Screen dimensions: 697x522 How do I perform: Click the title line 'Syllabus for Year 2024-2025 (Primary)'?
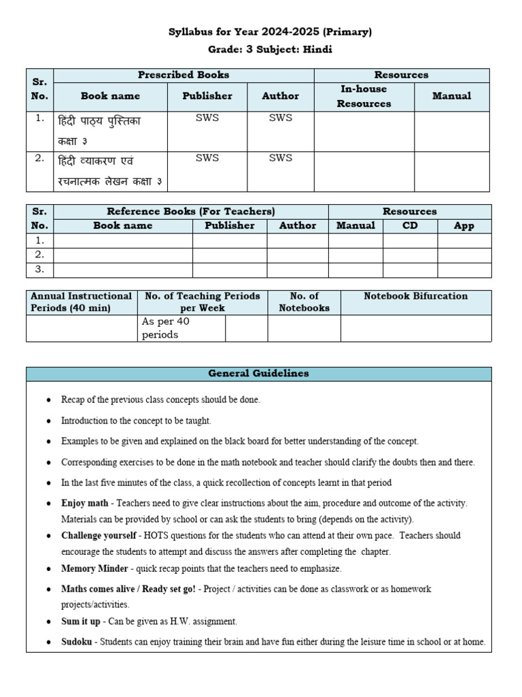270,32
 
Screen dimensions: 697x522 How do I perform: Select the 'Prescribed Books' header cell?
184,75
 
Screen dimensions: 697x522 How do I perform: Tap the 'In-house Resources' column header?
364,97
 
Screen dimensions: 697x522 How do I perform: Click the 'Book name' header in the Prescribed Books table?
110,96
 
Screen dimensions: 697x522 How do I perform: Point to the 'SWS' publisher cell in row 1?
207,118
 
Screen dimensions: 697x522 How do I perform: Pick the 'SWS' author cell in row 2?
280,158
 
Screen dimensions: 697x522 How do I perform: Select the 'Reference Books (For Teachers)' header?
191,212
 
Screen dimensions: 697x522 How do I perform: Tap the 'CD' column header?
410,225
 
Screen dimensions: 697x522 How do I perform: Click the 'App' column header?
464,226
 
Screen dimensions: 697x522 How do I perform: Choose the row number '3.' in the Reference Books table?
39,269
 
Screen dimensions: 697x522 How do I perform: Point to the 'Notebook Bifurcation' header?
415,296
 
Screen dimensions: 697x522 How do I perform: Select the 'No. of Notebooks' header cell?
304,302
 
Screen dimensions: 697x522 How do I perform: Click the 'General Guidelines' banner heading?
258,374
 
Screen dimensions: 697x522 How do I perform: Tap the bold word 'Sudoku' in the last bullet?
76,642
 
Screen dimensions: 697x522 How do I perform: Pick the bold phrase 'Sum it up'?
80,621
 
